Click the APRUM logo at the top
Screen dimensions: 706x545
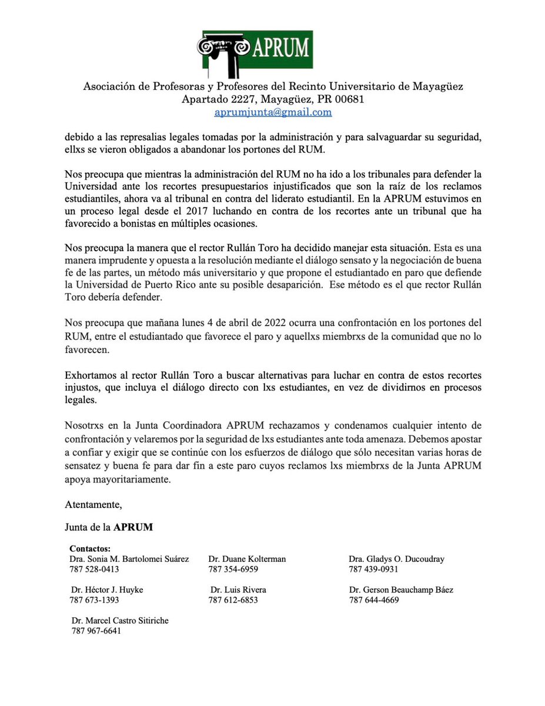tap(255, 54)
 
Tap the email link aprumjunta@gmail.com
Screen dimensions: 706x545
tap(273, 112)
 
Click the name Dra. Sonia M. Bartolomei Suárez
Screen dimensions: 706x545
tap(129, 559)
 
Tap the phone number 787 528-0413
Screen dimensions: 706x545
tap(94, 569)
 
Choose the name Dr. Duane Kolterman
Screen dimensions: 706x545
tap(247, 559)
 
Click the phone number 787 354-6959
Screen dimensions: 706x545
tap(233, 569)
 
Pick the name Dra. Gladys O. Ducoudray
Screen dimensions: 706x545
tap(396, 559)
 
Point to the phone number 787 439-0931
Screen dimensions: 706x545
tap(373, 569)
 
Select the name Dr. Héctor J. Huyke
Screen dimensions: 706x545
tap(107, 590)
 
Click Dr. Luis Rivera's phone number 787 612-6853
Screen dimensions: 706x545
tap(233, 600)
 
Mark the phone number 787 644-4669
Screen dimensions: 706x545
tap(373, 600)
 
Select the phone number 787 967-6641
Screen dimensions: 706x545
tap(96, 631)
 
